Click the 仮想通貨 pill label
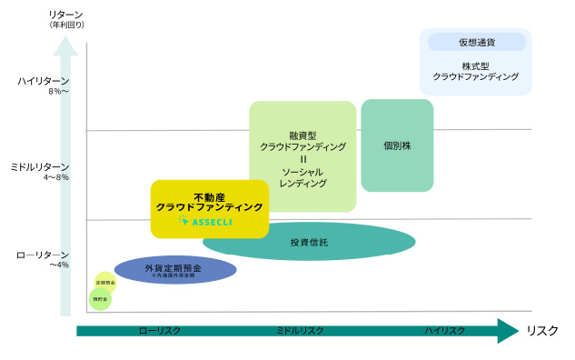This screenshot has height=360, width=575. coord(476,42)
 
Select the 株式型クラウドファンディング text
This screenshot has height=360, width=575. coord(476,72)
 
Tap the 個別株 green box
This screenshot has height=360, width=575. coord(397,145)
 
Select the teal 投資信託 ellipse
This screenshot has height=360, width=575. coord(309,242)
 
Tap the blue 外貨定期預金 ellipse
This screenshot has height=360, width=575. coord(175,269)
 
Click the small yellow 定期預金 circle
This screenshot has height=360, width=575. coord(105,283)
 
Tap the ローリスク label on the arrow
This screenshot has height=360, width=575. coord(161,331)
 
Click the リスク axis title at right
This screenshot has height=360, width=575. coord(542,331)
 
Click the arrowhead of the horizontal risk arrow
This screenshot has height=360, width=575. coord(507,331)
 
